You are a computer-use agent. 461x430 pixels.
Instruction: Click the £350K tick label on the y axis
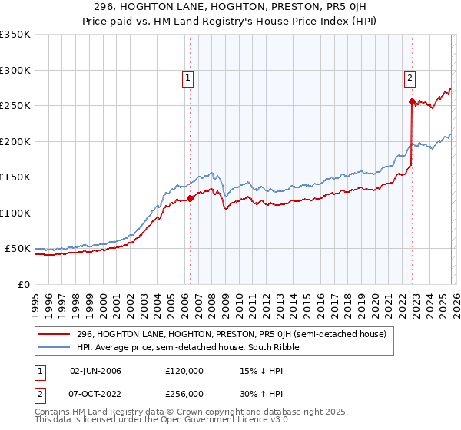pos(15,35)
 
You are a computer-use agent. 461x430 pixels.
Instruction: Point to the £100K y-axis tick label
pos(15,213)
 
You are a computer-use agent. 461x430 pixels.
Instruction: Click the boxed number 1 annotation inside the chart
pos(188,77)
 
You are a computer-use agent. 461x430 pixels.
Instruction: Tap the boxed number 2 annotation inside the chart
pos(410,77)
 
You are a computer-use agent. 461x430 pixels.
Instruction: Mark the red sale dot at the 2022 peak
pos(413,101)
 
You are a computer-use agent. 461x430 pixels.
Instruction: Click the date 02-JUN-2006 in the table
pos(95,371)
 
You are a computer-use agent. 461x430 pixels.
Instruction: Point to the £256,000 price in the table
pos(184,393)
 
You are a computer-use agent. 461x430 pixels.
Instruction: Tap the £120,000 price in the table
pos(184,371)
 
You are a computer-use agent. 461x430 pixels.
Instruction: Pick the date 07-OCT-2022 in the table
pos(95,393)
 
